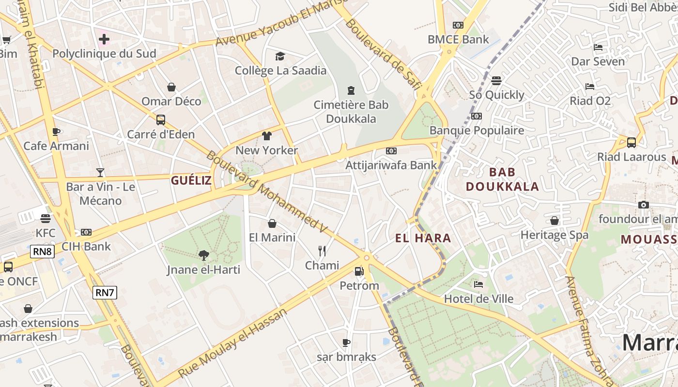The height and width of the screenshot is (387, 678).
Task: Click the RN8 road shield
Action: (x=43, y=252)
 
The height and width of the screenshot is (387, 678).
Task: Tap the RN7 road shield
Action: (x=105, y=292)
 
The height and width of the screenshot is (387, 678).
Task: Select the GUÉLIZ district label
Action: (x=191, y=181)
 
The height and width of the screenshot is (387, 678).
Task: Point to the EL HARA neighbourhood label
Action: (x=423, y=238)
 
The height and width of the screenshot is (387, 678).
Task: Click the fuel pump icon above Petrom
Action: (x=359, y=272)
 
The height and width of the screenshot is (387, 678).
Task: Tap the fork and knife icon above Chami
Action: (x=322, y=251)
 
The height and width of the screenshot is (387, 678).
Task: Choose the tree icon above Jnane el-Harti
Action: (x=203, y=255)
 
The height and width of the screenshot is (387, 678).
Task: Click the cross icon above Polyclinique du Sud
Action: (x=104, y=39)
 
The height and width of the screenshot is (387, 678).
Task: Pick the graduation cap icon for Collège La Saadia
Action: (x=280, y=57)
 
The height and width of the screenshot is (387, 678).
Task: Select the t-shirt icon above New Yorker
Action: (x=266, y=136)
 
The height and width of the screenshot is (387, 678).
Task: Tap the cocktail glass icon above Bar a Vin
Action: (x=100, y=172)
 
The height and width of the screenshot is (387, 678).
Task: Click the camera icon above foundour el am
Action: (x=644, y=205)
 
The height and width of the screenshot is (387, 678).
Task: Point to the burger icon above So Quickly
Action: (x=496, y=80)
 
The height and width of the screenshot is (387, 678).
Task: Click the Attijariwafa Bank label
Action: (x=391, y=165)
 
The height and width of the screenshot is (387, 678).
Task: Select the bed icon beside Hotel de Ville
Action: (x=478, y=284)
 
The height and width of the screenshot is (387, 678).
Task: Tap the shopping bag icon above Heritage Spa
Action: (x=555, y=221)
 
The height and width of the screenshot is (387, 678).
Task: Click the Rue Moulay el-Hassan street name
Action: (x=233, y=342)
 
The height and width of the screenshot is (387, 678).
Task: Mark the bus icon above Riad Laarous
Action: (x=632, y=142)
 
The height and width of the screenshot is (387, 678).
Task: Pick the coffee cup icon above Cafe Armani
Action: (x=56, y=132)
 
